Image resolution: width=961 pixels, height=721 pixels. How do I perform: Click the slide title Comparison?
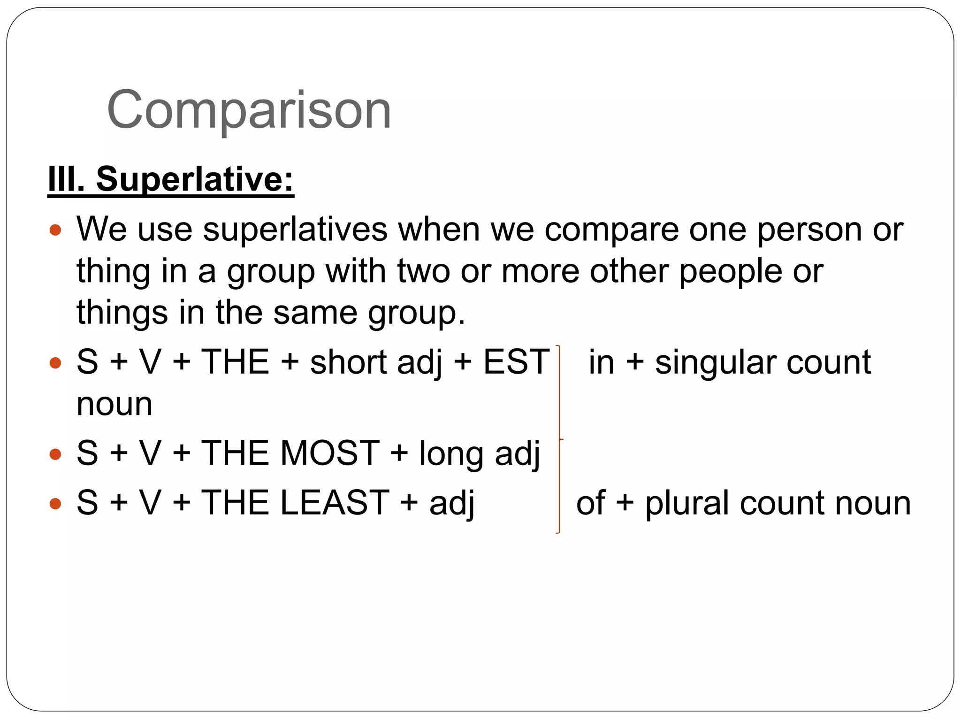click(249, 110)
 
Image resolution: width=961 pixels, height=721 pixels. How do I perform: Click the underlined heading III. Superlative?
click(171, 179)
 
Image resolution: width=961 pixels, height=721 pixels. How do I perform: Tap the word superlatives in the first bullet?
click(295, 230)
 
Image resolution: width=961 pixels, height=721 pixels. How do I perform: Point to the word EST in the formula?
click(516, 362)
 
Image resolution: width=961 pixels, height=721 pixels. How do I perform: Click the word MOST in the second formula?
click(330, 453)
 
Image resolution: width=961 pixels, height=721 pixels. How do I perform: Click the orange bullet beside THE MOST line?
click(55, 454)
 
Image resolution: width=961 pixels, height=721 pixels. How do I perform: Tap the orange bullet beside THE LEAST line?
click(55, 504)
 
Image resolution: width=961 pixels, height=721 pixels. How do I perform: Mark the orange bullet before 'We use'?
click(55, 230)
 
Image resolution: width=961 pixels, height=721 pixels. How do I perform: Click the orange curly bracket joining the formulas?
click(559, 439)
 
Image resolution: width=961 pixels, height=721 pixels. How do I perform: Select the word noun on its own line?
click(114, 404)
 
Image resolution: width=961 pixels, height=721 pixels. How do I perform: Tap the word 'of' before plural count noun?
click(591, 503)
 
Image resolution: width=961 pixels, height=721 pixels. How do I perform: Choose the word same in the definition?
click(315, 313)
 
